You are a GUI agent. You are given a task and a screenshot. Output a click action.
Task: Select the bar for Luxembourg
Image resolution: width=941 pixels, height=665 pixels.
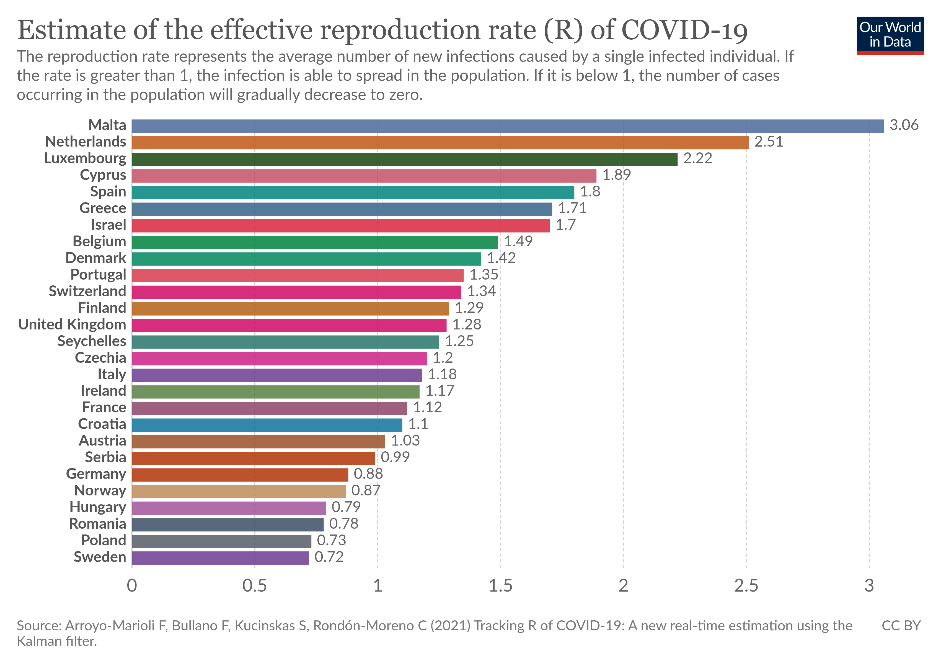[405, 159]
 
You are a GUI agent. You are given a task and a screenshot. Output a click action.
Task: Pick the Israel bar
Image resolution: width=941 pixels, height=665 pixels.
[341, 226]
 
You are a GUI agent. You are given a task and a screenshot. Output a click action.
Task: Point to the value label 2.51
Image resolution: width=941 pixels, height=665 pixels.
[769, 142]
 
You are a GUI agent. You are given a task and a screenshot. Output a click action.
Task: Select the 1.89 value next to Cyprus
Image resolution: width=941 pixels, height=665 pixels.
[616, 175]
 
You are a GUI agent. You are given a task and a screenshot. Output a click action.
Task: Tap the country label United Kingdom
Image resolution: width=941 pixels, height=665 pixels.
[72, 324]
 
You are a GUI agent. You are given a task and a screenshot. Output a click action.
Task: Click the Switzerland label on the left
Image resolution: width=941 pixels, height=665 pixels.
[87, 291]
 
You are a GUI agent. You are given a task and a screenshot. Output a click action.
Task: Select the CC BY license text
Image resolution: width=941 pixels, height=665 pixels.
[901, 626]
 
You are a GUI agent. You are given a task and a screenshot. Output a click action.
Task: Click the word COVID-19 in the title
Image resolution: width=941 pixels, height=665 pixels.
[684, 30]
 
